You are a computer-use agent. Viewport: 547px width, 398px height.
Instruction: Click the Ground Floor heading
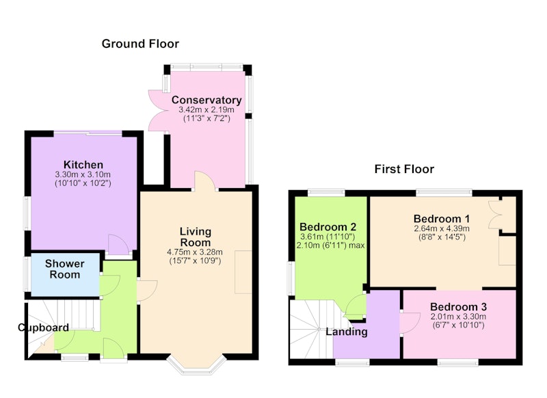coord(140,44)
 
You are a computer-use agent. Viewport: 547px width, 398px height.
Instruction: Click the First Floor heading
coord(404,169)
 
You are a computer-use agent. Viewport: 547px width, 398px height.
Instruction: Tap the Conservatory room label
coord(206,100)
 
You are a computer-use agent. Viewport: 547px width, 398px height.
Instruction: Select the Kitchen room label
coord(83,165)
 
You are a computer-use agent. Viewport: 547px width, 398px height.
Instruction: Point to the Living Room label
coord(196,237)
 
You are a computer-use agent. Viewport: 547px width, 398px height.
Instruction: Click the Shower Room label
coord(65,269)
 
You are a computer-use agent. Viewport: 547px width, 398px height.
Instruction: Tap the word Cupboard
coord(43,328)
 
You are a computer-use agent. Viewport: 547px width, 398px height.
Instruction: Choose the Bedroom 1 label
coord(442,219)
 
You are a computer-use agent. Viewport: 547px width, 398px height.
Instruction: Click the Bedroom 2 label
coord(328,227)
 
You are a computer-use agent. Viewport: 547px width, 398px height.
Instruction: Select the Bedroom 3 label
coord(458,307)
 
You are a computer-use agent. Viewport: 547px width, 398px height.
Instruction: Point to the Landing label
coord(347,332)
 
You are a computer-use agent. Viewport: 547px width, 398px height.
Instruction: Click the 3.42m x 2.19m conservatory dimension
coord(206,109)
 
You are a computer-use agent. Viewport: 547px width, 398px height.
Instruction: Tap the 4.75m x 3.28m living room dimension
coord(195,252)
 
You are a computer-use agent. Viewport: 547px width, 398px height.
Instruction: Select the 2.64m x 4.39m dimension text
coord(442,229)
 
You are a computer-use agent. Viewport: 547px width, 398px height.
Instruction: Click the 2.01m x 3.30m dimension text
coord(458,317)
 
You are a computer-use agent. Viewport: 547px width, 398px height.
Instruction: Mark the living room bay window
coord(195,367)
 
